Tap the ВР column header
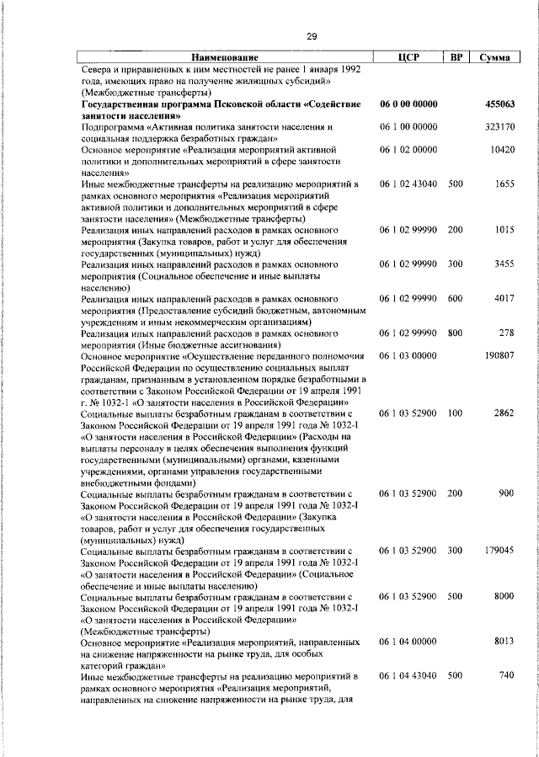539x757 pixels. click(455, 57)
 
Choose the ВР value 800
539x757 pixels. click(455, 333)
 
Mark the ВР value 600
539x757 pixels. click(455, 298)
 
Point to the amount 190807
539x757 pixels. click(499, 355)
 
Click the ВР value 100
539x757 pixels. click(455, 413)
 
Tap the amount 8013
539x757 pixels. click(504, 641)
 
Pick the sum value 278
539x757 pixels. click(506, 333)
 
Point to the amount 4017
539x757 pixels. click(504, 298)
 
